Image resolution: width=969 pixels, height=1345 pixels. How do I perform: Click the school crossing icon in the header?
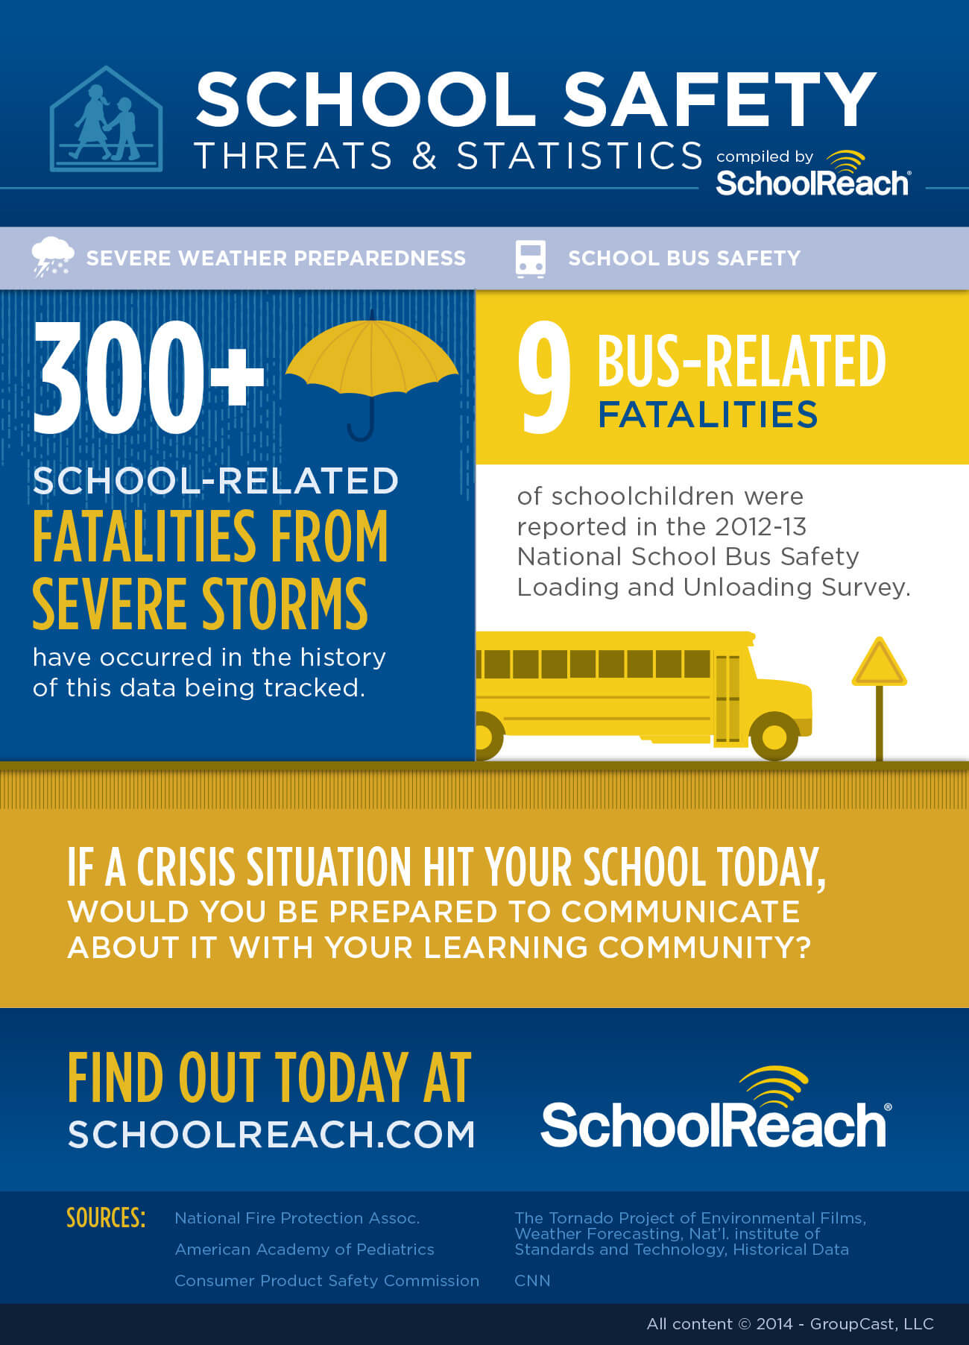click(x=106, y=120)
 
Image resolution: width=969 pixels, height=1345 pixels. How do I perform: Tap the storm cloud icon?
click(x=52, y=256)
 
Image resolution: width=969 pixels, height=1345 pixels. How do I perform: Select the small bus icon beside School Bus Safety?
click(x=530, y=259)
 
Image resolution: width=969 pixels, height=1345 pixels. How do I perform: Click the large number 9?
click(x=544, y=377)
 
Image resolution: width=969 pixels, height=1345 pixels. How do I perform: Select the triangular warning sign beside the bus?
click(x=879, y=664)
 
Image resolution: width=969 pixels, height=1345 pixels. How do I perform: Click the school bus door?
click(x=727, y=700)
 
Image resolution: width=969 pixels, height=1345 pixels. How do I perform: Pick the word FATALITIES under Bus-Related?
click(x=707, y=415)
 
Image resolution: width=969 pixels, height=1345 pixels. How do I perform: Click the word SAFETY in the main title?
click(x=719, y=100)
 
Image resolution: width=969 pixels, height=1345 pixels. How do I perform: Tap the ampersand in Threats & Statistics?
click(x=424, y=156)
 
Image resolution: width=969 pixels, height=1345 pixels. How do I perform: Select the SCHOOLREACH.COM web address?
click(x=271, y=1135)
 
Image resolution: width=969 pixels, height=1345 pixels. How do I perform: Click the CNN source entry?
click(x=532, y=1280)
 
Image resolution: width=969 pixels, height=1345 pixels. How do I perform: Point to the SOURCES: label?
click(x=106, y=1218)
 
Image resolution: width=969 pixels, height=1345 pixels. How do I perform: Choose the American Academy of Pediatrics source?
click(x=304, y=1249)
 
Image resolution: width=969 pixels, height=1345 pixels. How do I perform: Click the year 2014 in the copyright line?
click(x=774, y=1324)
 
